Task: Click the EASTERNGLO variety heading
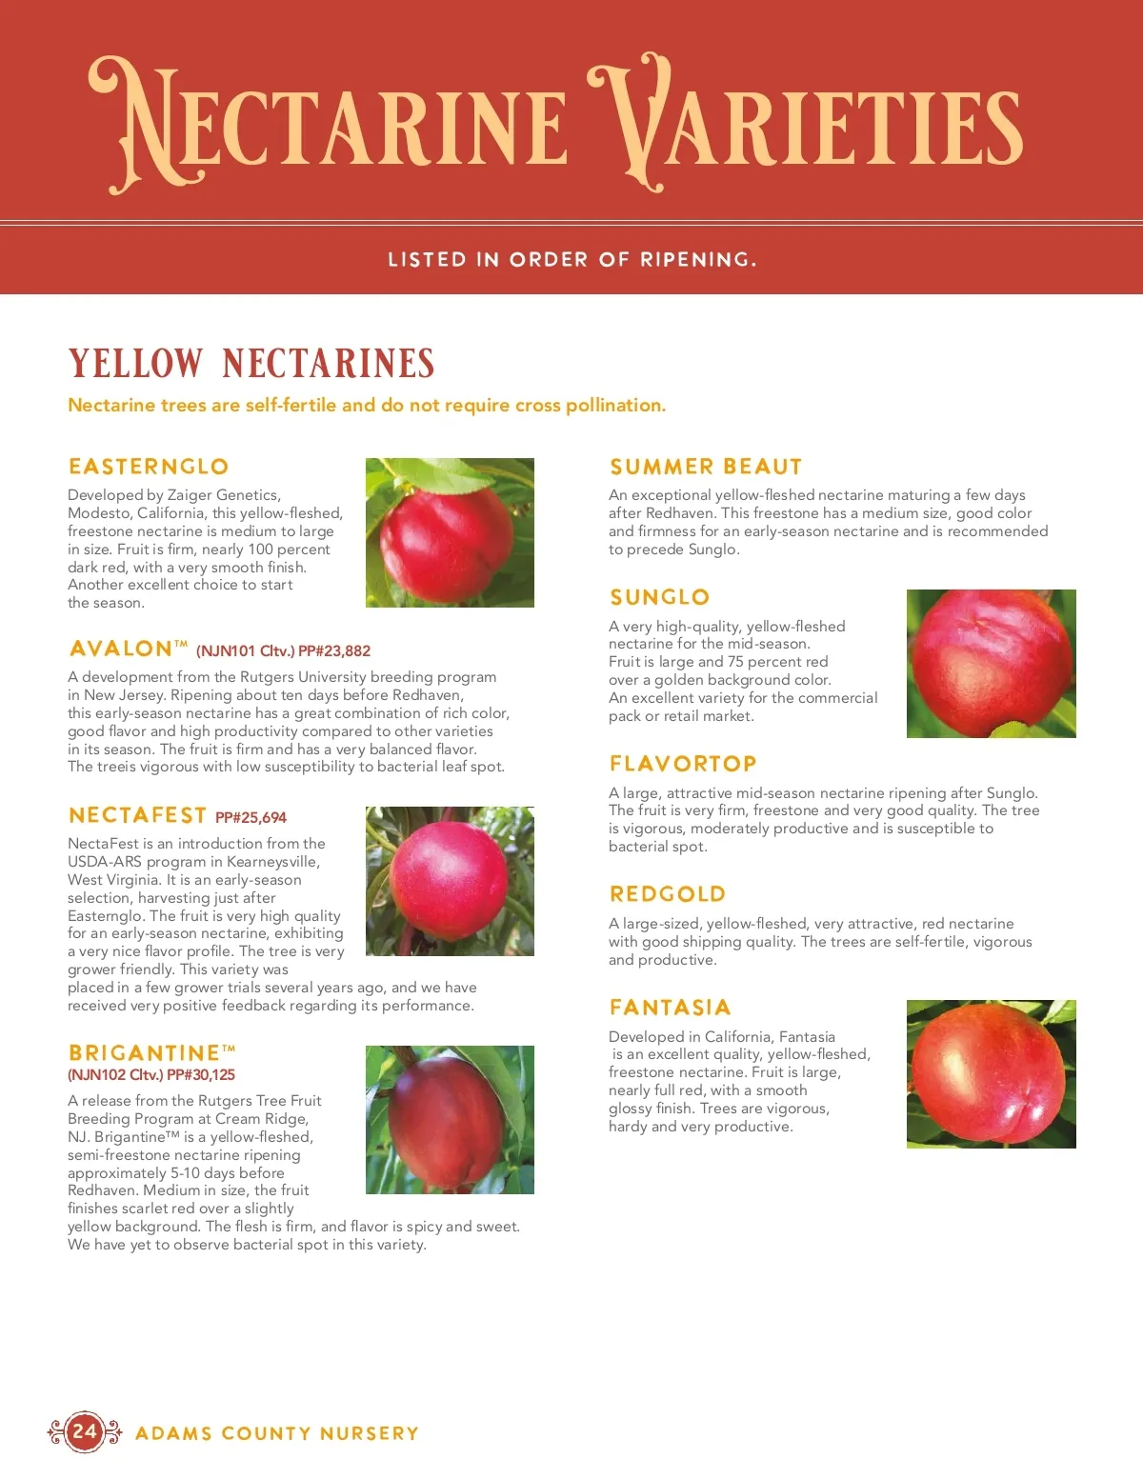point(149,467)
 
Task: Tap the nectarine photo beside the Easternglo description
point(450,532)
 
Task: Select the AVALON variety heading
point(121,649)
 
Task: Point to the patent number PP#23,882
point(334,651)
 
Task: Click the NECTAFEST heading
point(138,815)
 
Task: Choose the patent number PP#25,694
point(251,817)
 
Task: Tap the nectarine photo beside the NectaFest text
point(450,881)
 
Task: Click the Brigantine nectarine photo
point(450,1119)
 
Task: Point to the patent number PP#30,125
point(201,1075)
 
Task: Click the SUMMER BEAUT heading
point(706,467)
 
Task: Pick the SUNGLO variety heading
point(660,597)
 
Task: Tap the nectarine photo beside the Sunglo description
point(991,663)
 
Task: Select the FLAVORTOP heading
point(683,764)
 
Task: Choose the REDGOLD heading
point(668,894)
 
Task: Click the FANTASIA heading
point(671,1008)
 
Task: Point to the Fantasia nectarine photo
point(991,1073)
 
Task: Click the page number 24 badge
point(85,1431)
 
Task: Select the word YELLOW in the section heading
point(135,364)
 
